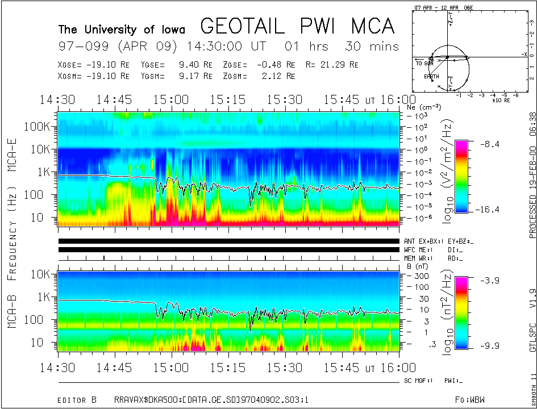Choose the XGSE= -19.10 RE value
[94, 65]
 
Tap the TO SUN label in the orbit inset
[424, 63]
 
